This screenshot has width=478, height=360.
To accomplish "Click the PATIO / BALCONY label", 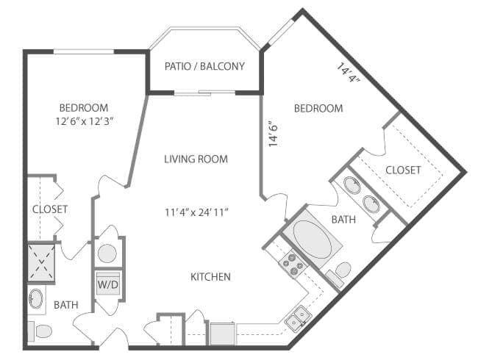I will (204, 66).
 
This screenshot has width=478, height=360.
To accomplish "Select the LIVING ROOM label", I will (196, 159).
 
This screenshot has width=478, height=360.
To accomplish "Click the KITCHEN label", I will (211, 277).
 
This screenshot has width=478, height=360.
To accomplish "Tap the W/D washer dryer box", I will (107, 283).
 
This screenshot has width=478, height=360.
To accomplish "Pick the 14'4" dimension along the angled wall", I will (349, 74).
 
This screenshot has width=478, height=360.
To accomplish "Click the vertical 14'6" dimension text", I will (273, 134).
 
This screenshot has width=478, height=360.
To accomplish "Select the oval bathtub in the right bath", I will (317, 237).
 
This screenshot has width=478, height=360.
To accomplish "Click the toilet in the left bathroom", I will (41, 331).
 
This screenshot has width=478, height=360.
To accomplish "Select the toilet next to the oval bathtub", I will (341, 272).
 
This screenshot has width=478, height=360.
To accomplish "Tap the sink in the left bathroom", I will (37, 299).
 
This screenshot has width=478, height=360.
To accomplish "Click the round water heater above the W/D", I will (107, 253).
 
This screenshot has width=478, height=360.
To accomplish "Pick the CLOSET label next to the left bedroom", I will (50, 209).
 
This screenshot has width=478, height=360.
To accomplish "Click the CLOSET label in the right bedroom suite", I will (403, 170).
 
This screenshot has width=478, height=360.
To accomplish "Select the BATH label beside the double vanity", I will (343, 219).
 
